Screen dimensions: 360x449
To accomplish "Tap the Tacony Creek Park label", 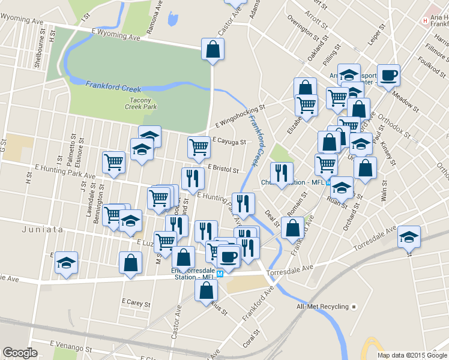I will (x=141, y=103).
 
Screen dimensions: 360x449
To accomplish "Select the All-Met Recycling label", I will (x=322, y=307).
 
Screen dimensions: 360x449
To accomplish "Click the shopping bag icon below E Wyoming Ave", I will (x=212, y=49).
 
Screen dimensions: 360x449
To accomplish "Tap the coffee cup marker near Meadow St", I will (x=388, y=75).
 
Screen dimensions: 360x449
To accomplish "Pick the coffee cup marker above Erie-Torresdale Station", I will (x=228, y=257).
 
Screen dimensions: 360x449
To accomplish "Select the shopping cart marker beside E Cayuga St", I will (x=198, y=146).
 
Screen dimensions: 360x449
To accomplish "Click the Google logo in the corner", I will (x=20, y=353).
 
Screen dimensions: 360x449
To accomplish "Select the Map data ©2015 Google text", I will (x=412, y=355).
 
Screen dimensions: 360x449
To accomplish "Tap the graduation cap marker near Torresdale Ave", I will (x=409, y=236).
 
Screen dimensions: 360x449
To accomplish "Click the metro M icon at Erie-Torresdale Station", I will (x=220, y=274).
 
